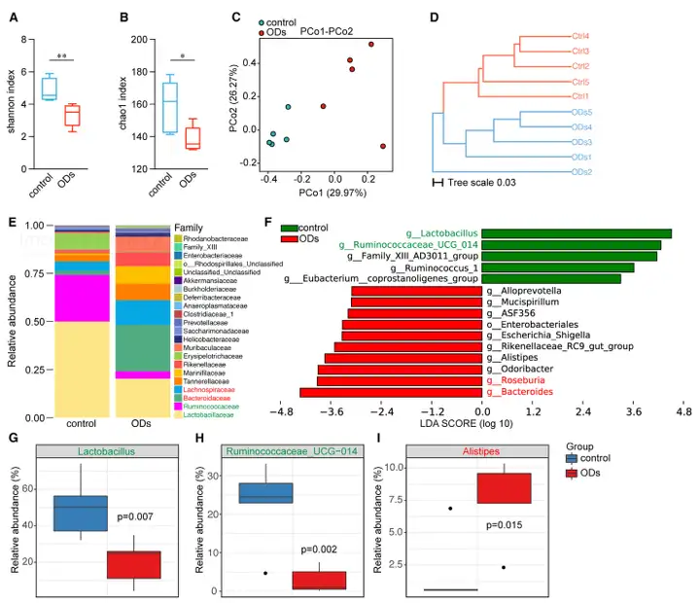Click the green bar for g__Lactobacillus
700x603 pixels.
pos(577,233)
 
